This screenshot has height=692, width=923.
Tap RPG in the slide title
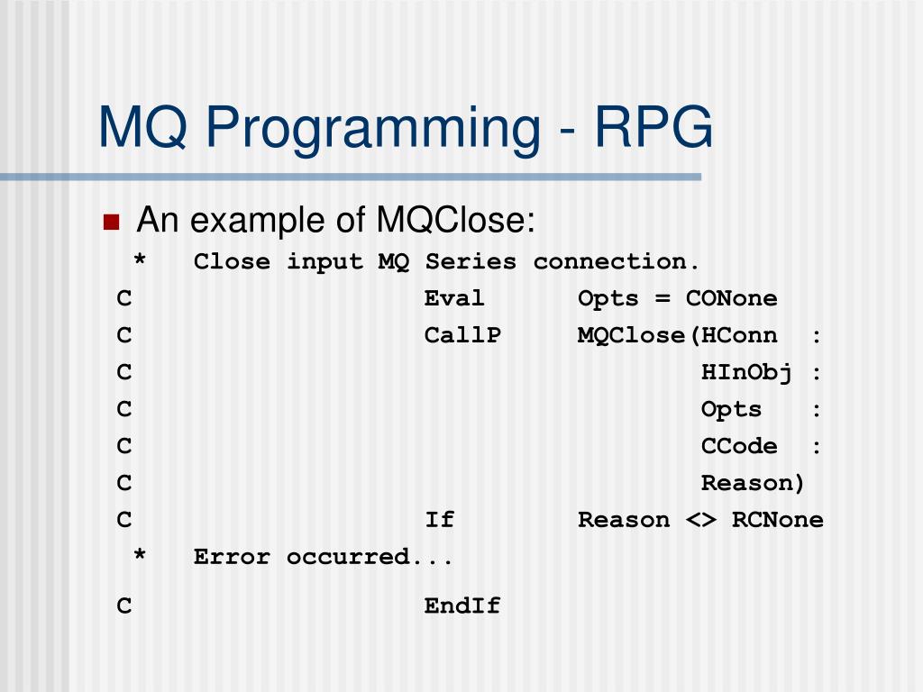pyautogui.click(x=653, y=127)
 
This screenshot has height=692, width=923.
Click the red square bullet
pyautogui.click(x=112, y=223)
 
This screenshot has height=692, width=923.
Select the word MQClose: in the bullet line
pyautogui.click(x=456, y=220)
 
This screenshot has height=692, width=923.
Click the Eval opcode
pyautogui.click(x=454, y=298)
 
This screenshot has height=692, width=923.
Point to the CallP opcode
pyautogui.click(x=462, y=335)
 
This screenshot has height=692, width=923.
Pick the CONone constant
pyautogui.click(x=731, y=298)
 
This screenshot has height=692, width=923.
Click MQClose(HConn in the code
pyautogui.click(x=677, y=335)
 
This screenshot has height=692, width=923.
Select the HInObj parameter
pyautogui.click(x=746, y=372)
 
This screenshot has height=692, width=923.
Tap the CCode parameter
pyautogui.click(x=739, y=446)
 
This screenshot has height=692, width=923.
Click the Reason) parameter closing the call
pyautogui.click(x=753, y=483)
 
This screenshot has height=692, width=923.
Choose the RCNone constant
pyautogui.click(x=777, y=520)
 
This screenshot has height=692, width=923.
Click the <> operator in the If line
pyautogui.click(x=700, y=520)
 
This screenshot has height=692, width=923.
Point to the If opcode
pyautogui.click(x=439, y=520)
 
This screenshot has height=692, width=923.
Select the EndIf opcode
pyautogui.click(x=462, y=606)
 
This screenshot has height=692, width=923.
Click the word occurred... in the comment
pyautogui.click(x=370, y=557)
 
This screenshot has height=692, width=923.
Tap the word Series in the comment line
pyautogui.click(x=471, y=262)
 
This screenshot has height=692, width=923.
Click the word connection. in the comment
pyautogui.click(x=617, y=262)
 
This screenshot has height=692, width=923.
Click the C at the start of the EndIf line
pyautogui.click(x=124, y=606)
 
